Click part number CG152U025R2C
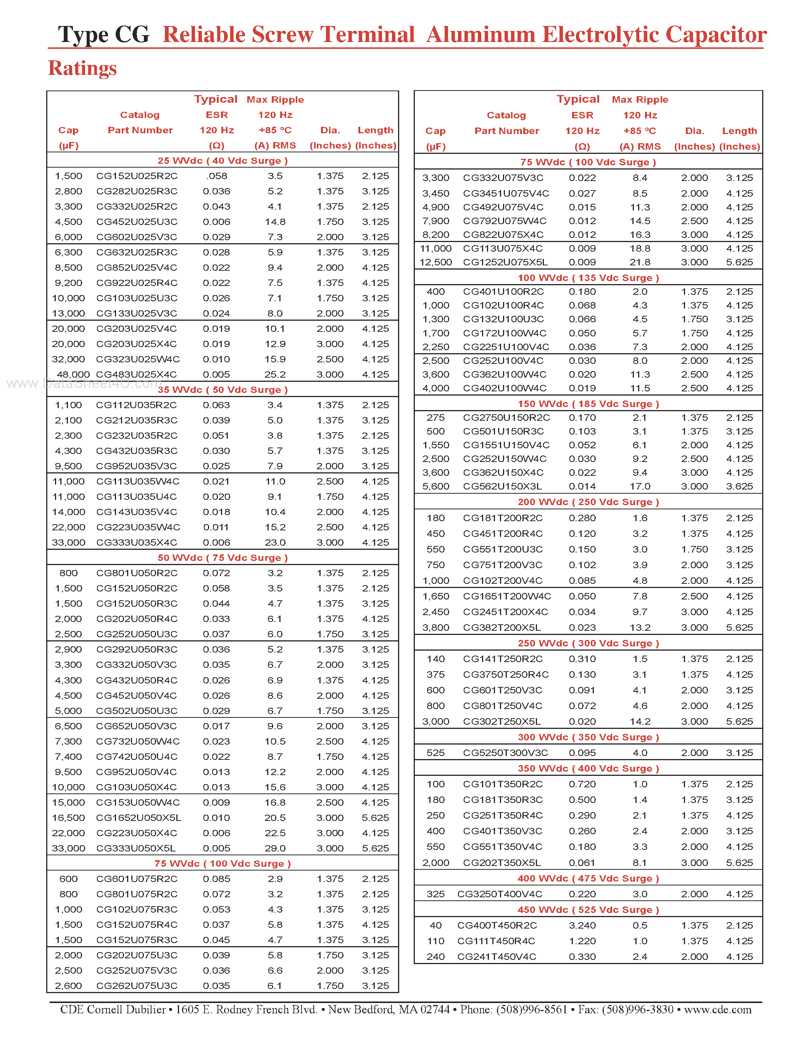(x=137, y=176)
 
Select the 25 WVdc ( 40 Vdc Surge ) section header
(x=223, y=161)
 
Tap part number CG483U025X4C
(x=137, y=375)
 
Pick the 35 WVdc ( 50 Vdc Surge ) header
(x=223, y=390)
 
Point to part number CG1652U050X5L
(x=139, y=818)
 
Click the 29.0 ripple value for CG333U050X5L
(x=275, y=848)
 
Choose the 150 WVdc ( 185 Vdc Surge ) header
(x=588, y=404)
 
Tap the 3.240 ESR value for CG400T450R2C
(x=582, y=926)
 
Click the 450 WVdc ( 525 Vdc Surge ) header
(x=588, y=910)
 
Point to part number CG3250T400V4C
(x=500, y=894)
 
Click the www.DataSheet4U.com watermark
(x=84, y=384)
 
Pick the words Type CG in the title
(x=104, y=35)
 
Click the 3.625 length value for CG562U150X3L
(x=739, y=486)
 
